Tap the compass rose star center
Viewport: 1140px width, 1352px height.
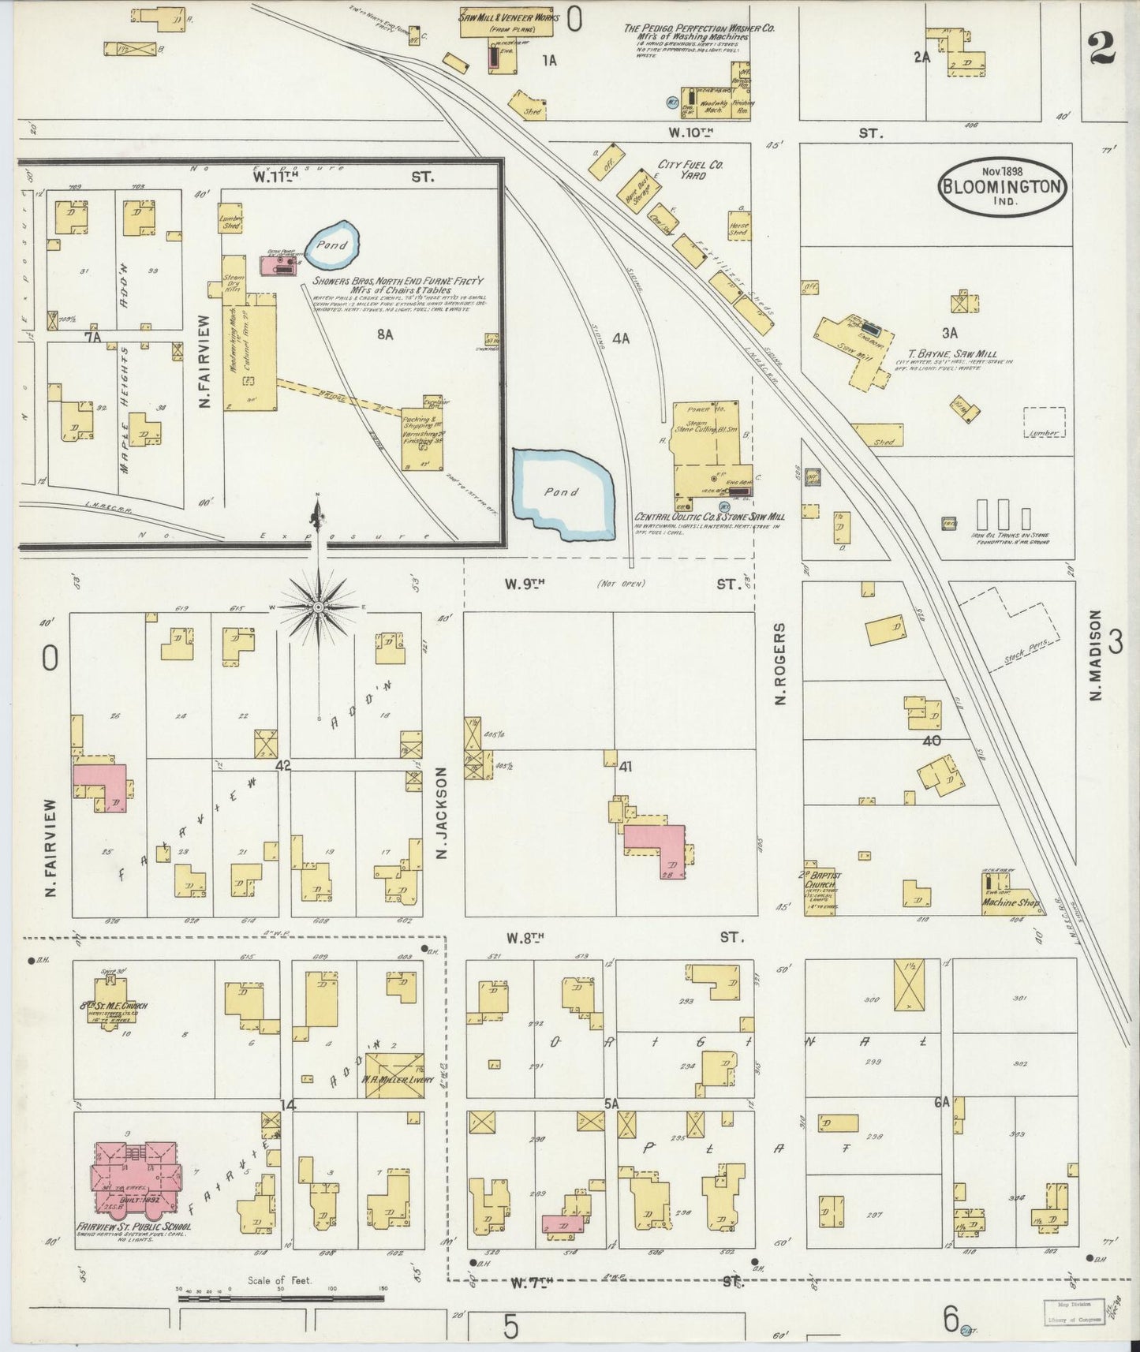[318, 607]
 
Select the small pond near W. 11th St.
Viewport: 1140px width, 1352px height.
[332, 245]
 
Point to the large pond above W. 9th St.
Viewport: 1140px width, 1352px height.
[561, 493]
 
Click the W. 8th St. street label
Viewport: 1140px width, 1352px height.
[525, 938]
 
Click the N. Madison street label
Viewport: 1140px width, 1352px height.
[1095, 655]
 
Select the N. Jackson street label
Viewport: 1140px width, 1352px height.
[442, 812]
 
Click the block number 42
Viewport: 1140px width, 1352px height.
[284, 765]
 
